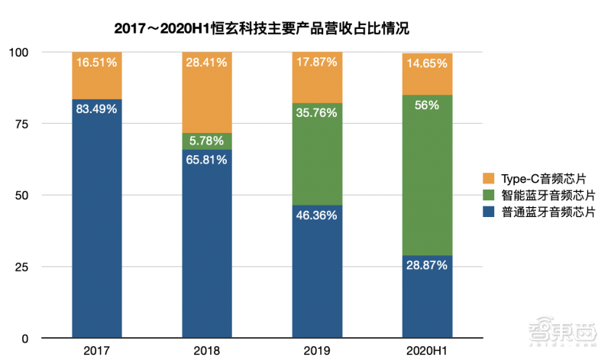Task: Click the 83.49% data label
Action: (97, 109)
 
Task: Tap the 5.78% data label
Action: (206, 141)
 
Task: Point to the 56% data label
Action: (427, 105)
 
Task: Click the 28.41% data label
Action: (206, 63)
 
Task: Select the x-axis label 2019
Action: (316, 350)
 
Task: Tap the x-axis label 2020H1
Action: (427, 350)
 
